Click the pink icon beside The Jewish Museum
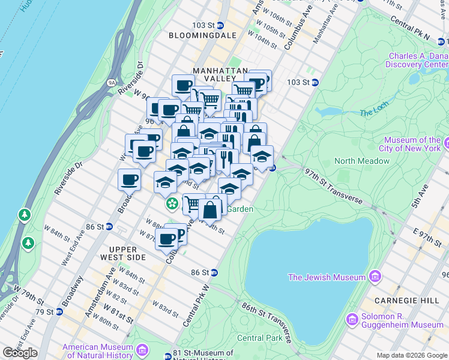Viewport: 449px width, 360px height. (x=376, y=277)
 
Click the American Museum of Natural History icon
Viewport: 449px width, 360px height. (x=142, y=350)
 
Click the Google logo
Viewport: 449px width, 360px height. (x=20, y=352)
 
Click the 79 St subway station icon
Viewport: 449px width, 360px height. (x=59, y=312)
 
